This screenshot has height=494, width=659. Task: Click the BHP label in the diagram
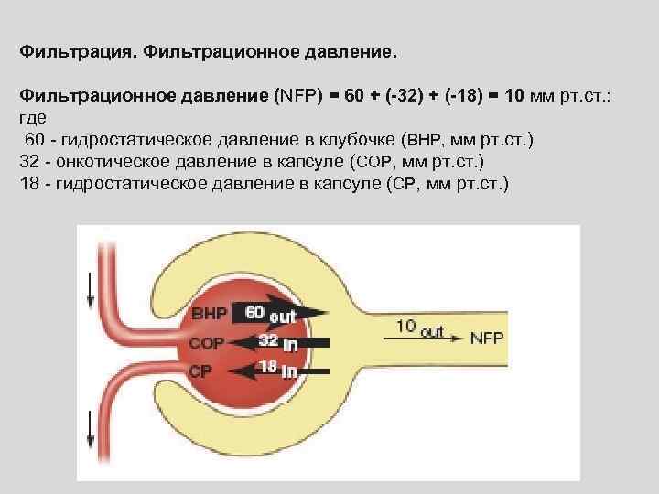click(x=209, y=314)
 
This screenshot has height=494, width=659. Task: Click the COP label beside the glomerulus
click(x=206, y=343)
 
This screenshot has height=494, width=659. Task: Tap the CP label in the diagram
click(x=200, y=371)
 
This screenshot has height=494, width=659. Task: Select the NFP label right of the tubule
click(x=485, y=337)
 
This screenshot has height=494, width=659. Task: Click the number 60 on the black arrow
click(x=255, y=312)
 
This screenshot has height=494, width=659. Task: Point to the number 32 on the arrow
click(x=268, y=341)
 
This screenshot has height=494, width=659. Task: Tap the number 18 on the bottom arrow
click(x=268, y=368)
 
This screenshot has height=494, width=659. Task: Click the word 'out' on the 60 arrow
click(x=283, y=315)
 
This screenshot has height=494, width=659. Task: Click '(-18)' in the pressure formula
click(x=466, y=94)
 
